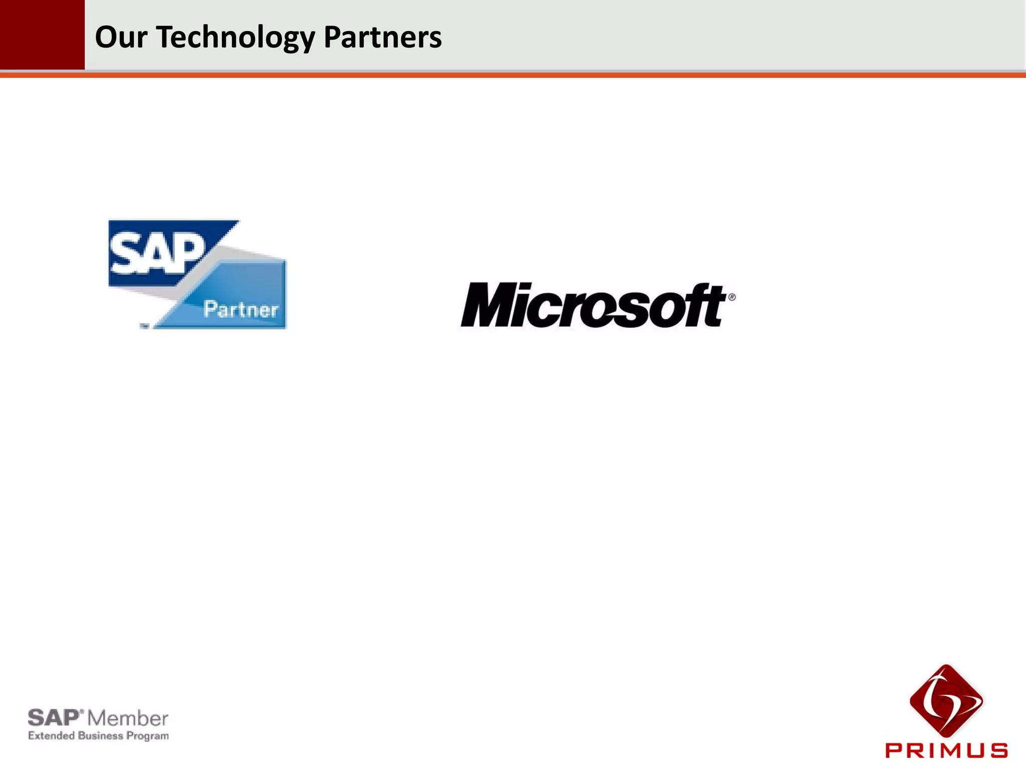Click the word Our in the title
121,38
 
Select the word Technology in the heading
235,38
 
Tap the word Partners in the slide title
383,38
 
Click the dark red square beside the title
42,34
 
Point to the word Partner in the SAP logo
241,310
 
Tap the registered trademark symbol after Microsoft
732,297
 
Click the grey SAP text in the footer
53,718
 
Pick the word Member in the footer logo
128,719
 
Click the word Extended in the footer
52,736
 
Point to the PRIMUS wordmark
946,750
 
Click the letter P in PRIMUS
894,750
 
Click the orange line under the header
513,75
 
